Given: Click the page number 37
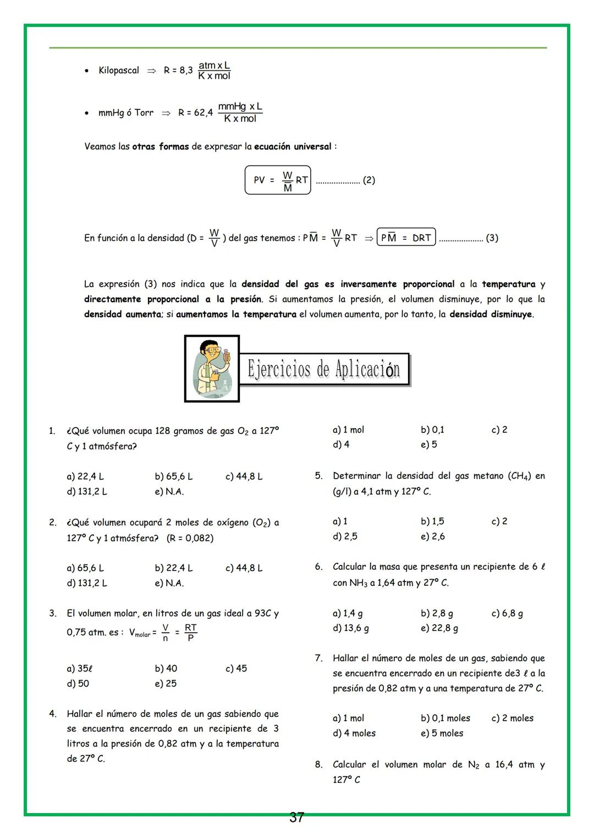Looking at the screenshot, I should pos(296,817).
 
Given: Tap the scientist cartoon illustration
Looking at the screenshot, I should pos(212,368).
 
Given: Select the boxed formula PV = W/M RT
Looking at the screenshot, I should pos(278,180).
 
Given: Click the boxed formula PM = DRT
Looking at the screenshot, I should pos(406,238).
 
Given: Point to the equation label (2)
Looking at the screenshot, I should pos(369,180).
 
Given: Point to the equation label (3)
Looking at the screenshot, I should pos(492,238).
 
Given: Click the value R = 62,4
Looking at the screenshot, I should pos(195,113).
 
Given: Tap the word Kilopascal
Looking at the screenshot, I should pos(119,70).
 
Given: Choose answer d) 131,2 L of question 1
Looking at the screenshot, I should pos(87,491).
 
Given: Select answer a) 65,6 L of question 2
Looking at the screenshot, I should pos(85,568).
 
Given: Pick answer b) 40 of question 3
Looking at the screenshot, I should pos(166,668).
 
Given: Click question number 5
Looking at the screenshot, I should pos(318,476).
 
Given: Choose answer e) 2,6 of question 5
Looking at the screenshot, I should pos(433,536).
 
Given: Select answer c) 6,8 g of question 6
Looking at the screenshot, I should pos(507,613).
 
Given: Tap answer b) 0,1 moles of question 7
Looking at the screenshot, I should pos(446,718).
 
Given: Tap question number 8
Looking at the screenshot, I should pos(318,764).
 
